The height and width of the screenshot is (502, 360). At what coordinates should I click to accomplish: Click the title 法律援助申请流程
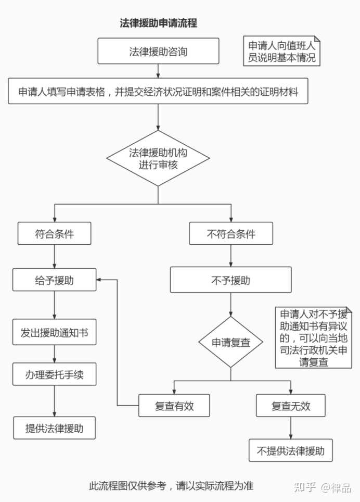[x=158, y=23]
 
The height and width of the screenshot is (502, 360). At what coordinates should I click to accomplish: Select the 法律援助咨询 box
[x=158, y=52]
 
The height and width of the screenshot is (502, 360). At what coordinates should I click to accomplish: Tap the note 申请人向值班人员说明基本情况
[x=282, y=51]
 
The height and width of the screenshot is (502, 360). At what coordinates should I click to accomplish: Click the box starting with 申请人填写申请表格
[x=158, y=91]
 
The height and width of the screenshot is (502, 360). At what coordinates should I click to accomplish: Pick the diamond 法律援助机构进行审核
[x=158, y=158]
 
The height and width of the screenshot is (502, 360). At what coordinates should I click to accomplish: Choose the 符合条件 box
[x=54, y=233]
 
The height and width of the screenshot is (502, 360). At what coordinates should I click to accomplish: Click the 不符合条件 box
[x=231, y=233]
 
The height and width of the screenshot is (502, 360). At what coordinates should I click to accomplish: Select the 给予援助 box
[x=54, y=280]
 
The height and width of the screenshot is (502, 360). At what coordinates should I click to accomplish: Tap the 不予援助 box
[x=231, y=280]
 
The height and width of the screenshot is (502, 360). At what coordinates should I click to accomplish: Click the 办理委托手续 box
[x=54, y=374]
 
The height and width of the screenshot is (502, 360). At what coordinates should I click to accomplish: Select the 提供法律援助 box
[x=54, y=428]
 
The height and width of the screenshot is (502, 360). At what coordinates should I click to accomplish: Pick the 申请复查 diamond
[x=231, y=342]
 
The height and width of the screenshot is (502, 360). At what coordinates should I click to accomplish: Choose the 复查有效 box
[x=174, y=406]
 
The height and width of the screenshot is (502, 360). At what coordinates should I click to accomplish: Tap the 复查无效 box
[x=290, y=406]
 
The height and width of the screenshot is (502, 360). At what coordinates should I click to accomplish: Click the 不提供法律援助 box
[x=290, y=450]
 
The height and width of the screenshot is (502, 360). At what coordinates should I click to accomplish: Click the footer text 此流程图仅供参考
[x=171, y=485]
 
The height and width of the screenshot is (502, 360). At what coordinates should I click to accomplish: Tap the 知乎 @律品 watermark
[x=322, y=487]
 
